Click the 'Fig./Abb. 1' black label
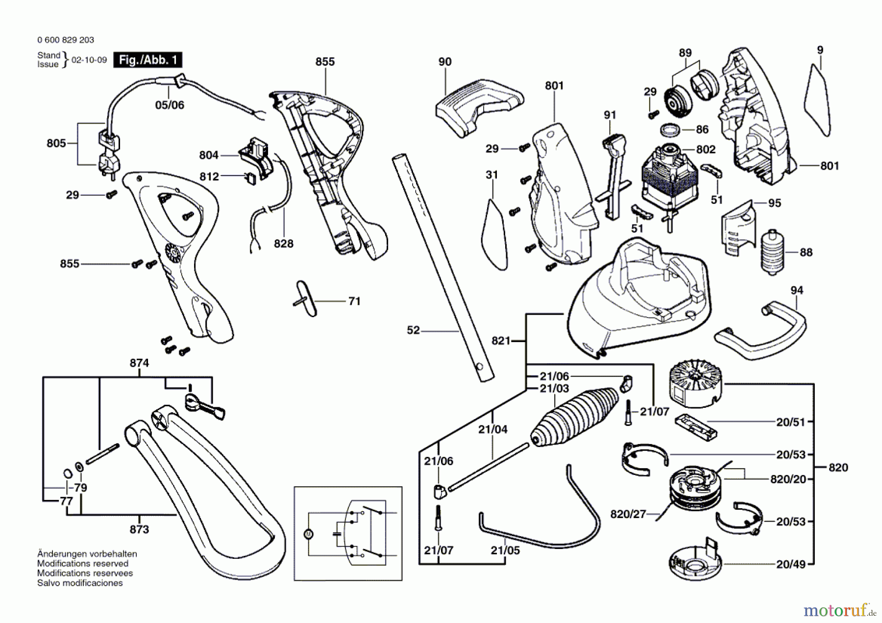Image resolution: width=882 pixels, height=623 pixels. point(147,60)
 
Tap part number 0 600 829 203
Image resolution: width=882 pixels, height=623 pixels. point(66,40)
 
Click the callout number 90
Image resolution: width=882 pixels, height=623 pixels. point(445,62)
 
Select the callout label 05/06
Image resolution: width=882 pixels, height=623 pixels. point(170,105)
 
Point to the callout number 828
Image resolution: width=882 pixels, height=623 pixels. point(283,244)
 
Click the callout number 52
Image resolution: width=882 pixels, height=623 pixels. point(413,330)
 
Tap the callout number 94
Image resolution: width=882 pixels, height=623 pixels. point(797,290)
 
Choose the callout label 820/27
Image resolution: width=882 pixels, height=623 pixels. point(628,514)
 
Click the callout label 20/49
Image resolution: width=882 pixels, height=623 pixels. point(790,564)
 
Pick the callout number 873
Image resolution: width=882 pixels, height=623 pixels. point(139,529)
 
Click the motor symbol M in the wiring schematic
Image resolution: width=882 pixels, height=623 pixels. point(308,534)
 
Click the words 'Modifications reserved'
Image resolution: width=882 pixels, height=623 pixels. point(82,564)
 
